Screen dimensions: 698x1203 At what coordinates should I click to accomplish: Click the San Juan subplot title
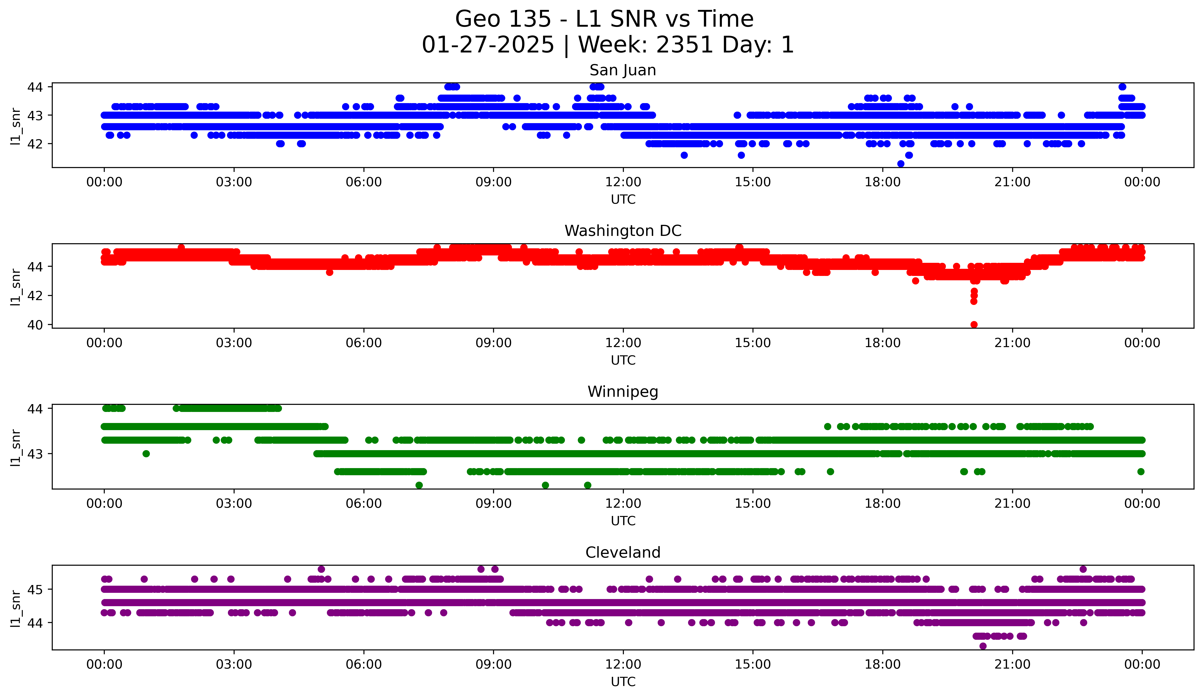coord(622,70)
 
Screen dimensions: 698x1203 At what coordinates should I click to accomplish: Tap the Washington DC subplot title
coord(622,231)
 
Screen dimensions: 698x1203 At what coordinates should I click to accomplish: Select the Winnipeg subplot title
coord(622,392)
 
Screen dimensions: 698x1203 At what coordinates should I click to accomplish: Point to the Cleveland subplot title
coord(622,553)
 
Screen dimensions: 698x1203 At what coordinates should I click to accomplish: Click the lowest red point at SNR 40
coord(974,324)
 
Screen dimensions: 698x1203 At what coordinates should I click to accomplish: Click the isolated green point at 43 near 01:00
coord(146,454)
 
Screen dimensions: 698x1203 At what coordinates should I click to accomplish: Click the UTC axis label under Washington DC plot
coord(623,360)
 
